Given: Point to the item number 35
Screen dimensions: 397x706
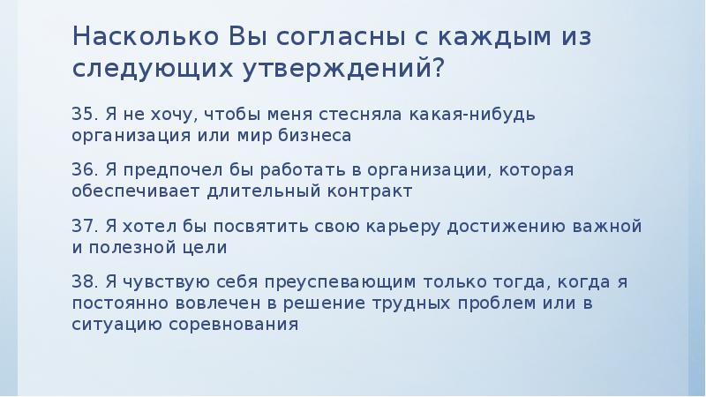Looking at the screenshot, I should pos(84,115).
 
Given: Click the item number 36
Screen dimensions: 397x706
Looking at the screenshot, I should pos(84,169).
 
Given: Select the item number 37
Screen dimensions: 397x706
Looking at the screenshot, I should pos(84,226).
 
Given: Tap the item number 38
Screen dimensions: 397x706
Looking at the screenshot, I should pos(84,282).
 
